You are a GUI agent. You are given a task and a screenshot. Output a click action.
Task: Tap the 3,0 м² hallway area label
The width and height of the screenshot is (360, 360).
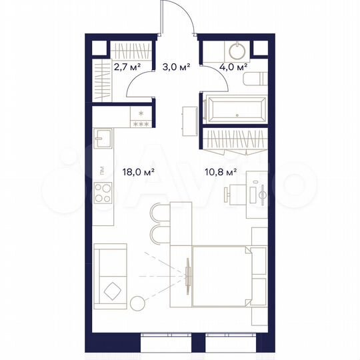(177, 67)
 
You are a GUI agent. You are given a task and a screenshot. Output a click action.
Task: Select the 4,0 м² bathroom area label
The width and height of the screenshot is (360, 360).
(235, 67)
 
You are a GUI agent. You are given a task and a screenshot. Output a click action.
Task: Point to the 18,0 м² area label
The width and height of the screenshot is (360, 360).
(138, 171)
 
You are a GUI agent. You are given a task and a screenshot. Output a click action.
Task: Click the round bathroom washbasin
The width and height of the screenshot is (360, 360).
(237, 51)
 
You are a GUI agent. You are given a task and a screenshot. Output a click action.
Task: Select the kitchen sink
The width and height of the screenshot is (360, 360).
(103, 139)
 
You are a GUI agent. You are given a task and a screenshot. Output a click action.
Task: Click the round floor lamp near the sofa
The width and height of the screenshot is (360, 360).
(137, 303)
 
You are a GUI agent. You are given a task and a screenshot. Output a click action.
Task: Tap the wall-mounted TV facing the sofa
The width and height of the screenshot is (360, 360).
(189, 275)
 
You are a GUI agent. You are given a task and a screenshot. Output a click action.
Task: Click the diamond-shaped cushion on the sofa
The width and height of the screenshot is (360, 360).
(113, 291)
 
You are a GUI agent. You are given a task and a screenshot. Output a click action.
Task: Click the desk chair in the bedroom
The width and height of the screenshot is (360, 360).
(233, 194)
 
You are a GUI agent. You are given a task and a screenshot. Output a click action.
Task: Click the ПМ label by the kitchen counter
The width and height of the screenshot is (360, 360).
(100, 171)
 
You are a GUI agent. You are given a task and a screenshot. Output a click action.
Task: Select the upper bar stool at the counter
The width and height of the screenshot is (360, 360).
(157, 212)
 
